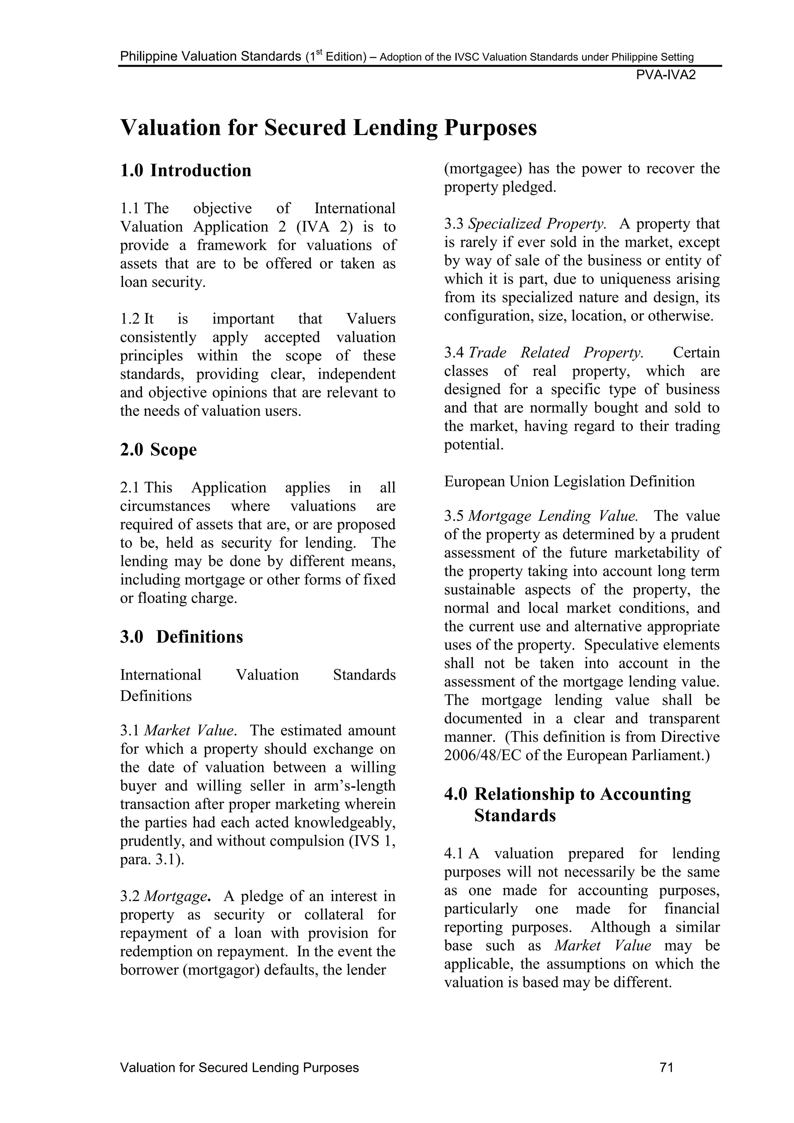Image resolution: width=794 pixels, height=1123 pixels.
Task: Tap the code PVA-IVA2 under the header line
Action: click(666, 75)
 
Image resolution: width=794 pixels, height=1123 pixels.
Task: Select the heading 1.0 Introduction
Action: click(186, 170)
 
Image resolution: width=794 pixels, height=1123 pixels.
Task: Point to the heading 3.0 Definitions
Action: click(181, 637)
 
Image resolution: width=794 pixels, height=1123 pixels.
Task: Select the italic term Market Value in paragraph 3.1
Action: click(189, 730)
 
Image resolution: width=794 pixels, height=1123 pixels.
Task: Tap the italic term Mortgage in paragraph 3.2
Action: click(176, 896)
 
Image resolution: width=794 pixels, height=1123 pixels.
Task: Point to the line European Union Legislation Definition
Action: click(569, 481)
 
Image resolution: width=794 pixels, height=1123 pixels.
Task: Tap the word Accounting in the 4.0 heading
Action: click(646, 794)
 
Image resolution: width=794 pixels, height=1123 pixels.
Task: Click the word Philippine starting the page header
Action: click(148, 57)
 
